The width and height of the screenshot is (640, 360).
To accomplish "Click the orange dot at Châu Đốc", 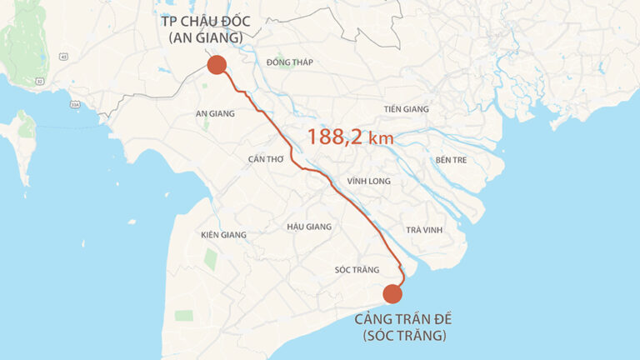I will pyautogui.click(x=217, y=65).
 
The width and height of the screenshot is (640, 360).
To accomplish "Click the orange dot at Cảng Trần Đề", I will pyautogui.click(x=392, y=293).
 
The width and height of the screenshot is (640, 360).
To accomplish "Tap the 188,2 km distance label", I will pyautogui.click(x=350, y=137).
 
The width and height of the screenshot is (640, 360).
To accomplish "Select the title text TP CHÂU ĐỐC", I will pyautogui.click(x=204, y=21).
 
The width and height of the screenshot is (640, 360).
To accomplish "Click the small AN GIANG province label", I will pyautogui.click(x=215, y=113).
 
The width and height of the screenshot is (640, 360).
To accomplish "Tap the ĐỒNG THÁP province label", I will pyautogui.click(x=289, y=62).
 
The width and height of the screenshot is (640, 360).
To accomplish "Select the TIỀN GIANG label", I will pyautogui.click(x=406, y=109).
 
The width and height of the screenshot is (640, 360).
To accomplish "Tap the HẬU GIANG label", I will pyautogui.click(x=308, y=227).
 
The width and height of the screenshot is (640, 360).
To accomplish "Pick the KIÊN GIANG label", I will pyautogui.click(x=223, y=235).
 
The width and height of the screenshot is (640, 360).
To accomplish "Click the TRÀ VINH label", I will pyautogui.click(x=424, y=230).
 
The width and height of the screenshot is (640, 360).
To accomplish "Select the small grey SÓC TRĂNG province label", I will pyautogui.click(x=357, y=270).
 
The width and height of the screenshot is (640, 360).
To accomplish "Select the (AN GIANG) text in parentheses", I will pyautogui.click(x=205, y=37).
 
